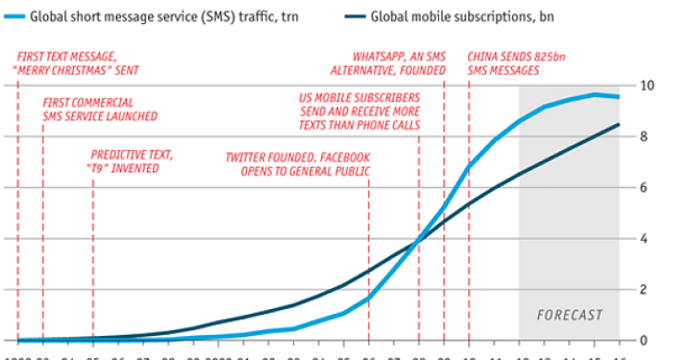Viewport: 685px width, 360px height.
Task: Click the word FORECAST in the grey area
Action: pos(568,315)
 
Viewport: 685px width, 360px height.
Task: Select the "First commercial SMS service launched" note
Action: pos(100,109)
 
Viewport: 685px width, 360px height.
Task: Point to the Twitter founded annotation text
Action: pos(298,165)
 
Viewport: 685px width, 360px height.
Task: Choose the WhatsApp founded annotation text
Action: pos(399,63)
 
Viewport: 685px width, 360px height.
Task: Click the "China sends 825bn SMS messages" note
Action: pos(516,63)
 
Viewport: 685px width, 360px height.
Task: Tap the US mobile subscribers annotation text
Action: pos(359,111)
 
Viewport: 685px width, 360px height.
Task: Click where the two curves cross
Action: pos(418,241)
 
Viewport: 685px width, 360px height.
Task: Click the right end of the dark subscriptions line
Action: pos(618,124)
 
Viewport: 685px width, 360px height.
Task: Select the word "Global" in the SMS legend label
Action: pos(55,16)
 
